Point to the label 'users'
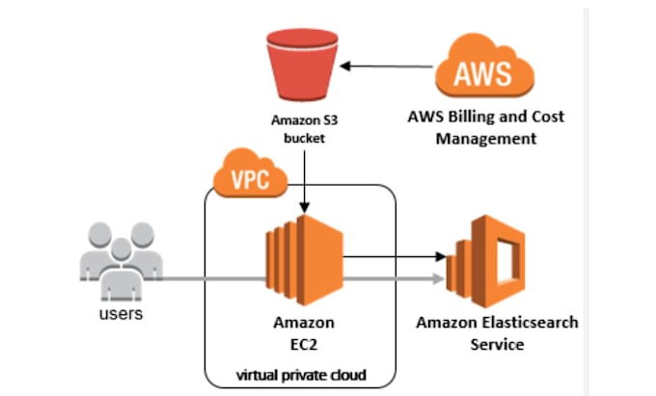click(x=121, y=314)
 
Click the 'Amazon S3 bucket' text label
click(x=305, y=129)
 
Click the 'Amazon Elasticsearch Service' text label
click(x=497, y=332)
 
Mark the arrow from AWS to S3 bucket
click(x=386, y=66)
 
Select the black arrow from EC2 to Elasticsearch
click(x=396, y=257)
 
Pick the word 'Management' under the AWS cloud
click(x=485, y=139)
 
